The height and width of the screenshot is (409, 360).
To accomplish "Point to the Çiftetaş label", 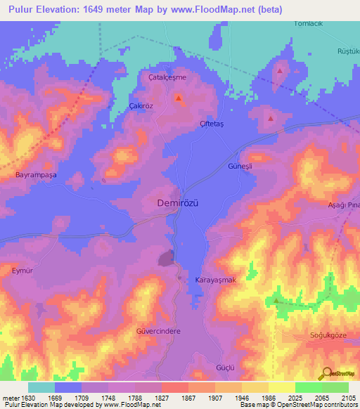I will coord(212,123).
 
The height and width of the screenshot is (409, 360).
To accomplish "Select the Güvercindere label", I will coord(159,330).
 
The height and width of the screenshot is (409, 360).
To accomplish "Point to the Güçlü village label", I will coord(225,368).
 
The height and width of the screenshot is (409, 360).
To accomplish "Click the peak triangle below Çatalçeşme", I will coord(179,98).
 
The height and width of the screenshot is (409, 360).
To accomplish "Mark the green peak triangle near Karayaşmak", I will coord(276,301).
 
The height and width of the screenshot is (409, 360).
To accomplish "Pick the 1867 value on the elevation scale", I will coord(188,397).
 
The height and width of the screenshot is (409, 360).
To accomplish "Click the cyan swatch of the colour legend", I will coord(41,387).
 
